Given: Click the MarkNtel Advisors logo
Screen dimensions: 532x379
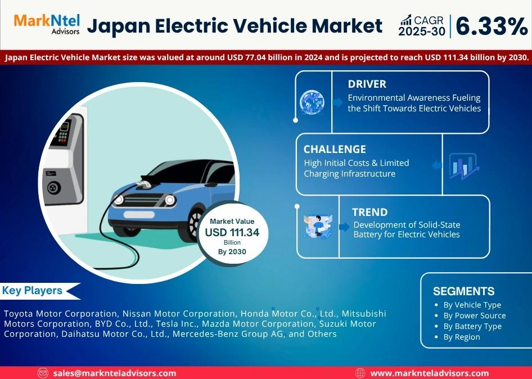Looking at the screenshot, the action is (47, 24).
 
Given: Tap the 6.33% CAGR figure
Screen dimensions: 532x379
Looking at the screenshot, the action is (492, 26).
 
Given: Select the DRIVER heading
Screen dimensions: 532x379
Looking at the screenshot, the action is (367, 84).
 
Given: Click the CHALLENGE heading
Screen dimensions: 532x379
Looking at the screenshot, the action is (335, 149).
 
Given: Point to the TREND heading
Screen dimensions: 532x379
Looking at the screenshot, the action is (369, 212).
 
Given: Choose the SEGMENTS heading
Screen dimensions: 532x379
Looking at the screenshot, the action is (463, 291).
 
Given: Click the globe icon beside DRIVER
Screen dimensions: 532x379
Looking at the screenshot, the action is (312, 102).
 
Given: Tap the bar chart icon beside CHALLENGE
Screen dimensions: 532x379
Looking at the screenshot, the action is (464, 166).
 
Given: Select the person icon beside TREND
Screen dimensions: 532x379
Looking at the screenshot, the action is (318, 225).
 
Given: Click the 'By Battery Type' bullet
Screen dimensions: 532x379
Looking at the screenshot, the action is (472, 326).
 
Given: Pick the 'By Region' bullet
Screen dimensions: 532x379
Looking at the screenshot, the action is (462, 337).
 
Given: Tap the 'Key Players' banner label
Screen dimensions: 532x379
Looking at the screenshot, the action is (32, 291).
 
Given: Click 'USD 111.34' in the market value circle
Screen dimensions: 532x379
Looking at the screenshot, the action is (232, 232).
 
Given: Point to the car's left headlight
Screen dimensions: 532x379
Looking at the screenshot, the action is (119, 200).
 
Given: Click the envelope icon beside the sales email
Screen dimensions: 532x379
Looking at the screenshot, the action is (43, 373).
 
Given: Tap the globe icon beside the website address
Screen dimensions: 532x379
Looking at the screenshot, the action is (360, 373).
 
